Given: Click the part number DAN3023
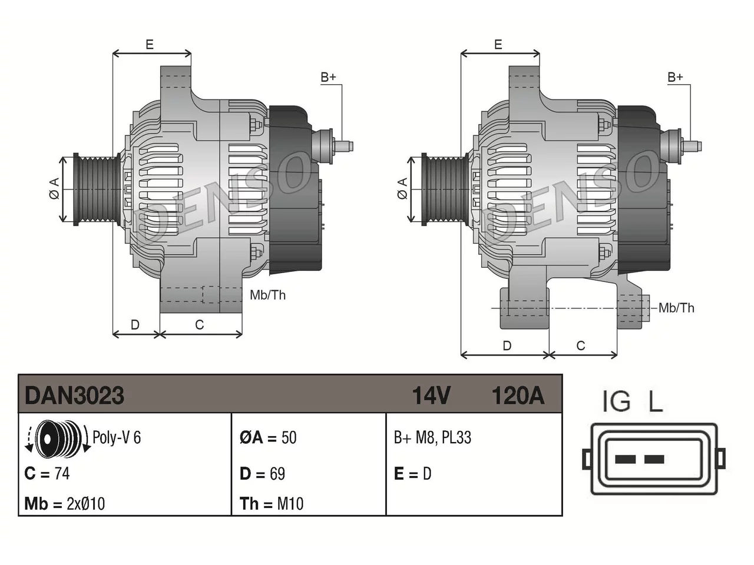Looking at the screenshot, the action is pyautogui.click(x=74, y=395).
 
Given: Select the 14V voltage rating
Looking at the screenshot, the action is pyautogui.click(x=431, y=395).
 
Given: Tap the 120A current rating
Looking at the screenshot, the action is pyautogui.click(x=518, y=395).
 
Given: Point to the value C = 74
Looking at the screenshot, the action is pyautogui.click(x=47, y=474).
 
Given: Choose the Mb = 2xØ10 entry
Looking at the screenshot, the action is pyautogui.click(x=65, y=504).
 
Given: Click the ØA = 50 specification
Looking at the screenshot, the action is pyautogui.click(x=268, y=438).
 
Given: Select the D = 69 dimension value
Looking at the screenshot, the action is pyautogui.click(x=263, y=474).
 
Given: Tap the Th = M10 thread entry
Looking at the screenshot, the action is pyautogui.click(x=272, y=504).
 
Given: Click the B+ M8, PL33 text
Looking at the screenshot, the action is pyautogui.click(x=432, y=438).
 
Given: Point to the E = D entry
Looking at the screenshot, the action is pyautogui.click(x=412, y=474).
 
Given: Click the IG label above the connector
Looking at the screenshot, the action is pyautogui.click(x=617, y=401).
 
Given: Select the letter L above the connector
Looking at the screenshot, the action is pyautogui.click(x=655, y=401).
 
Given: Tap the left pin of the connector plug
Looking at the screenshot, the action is pyautogui.click(x=625, y=459).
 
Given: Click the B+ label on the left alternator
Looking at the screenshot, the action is pyautogui.click(x=328, y=77).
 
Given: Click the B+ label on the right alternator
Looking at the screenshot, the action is pyautogui.click(x=675, y=77).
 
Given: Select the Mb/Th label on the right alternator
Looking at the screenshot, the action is pyautogui.click(x=676, y=308).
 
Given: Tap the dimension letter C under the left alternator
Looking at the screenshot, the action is pyautogui.click(x=199, y=324).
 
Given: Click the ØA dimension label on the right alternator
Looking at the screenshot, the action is pyautogui.click(x=402, y=188).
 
